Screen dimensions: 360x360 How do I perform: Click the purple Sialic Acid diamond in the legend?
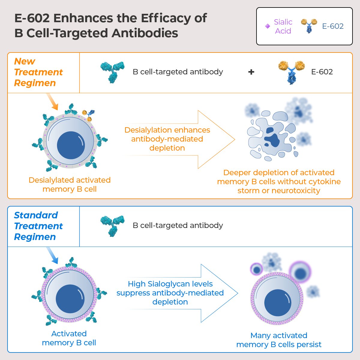pos(268,26)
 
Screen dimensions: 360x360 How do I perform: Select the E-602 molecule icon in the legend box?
pos(309,26)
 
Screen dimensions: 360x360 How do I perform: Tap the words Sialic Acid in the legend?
pos(283,26)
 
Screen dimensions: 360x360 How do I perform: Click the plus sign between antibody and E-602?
pos(251,72)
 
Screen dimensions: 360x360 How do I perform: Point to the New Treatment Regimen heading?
pos(38,72)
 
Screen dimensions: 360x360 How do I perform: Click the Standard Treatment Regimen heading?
pos(38,226)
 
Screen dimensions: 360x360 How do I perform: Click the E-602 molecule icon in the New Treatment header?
pos(291,72)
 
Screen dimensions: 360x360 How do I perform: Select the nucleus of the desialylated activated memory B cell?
pos(71,145)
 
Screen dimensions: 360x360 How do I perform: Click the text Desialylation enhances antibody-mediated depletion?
pos(167,139)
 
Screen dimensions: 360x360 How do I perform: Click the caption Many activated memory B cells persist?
pos(279,340)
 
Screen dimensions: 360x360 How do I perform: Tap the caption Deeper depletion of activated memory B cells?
pos(279,181)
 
